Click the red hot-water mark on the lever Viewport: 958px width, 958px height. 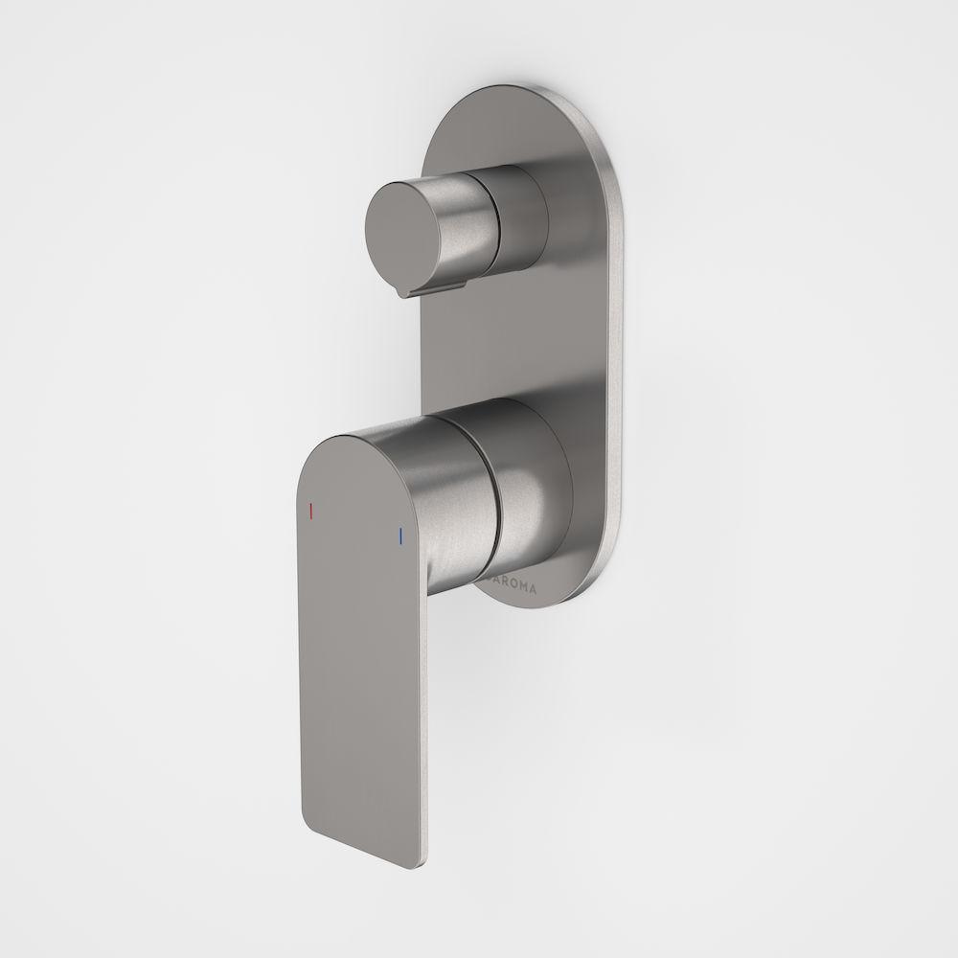(x=309, y=513)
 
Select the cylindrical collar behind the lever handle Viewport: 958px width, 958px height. (x=532, y=479)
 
